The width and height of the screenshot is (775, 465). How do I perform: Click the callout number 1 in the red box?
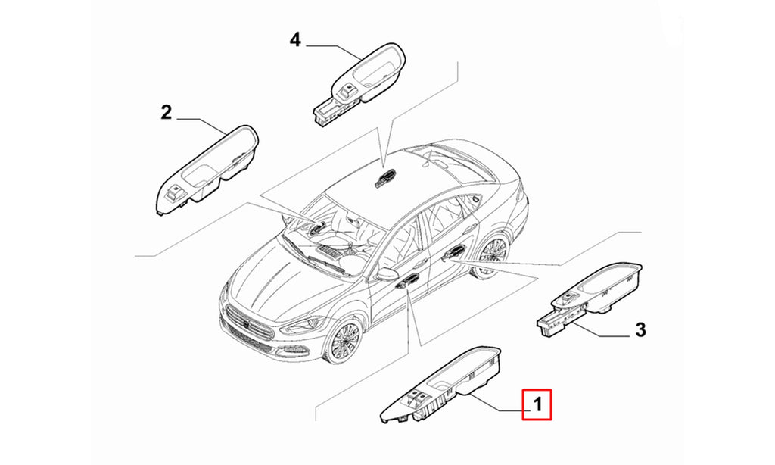click(x=537, y=404)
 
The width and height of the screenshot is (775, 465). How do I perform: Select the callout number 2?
click(x=166, y=112)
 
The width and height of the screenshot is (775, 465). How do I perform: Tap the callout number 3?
click(x=640, y=329)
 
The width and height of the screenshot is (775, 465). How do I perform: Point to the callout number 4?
click(x=295, y=39)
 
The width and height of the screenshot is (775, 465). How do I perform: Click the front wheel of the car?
click(x=344, y=342)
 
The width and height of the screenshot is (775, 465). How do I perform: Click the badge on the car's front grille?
click(x=246, y=323)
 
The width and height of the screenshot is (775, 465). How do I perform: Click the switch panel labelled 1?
click(x=440, y=385)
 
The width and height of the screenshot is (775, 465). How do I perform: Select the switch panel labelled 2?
click(x=207, y=170)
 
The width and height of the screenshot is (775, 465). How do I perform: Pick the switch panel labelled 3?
click(x=590, y=300)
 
